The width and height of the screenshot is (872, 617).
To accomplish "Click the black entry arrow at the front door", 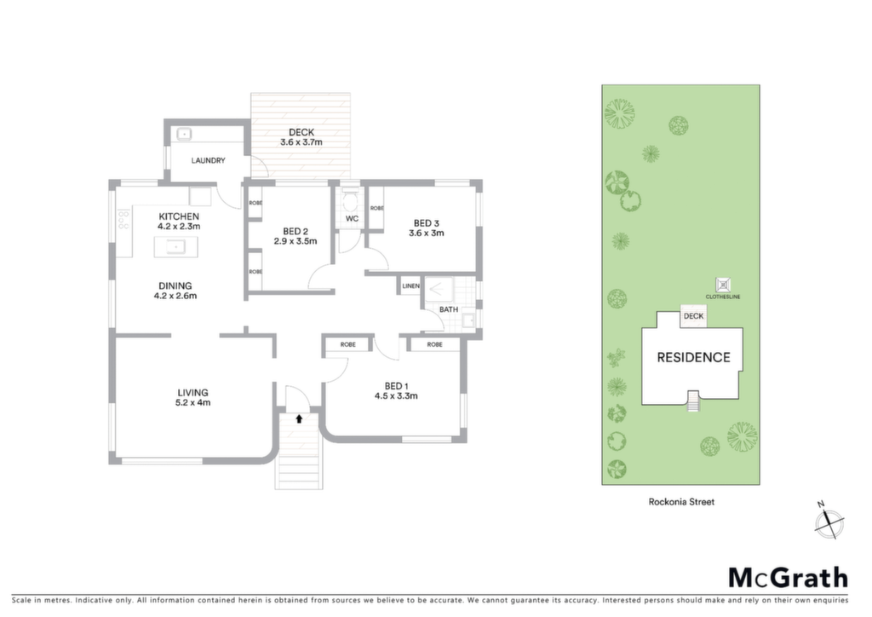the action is [x=299, y=418].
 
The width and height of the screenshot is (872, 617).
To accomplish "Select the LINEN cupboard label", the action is [x=411, y=286].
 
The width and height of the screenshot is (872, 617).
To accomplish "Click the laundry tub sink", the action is [x=184, y=134].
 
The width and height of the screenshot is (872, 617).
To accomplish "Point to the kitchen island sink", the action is [x=175, y=246].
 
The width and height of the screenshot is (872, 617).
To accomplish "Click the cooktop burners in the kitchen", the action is [x=123, y=219].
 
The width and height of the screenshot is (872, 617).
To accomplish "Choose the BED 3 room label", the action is [x=427, y=223].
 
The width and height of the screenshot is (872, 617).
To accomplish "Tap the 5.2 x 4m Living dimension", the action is [x=193, y=403].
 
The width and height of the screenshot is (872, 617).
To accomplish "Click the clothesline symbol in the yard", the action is [x=722, y=285].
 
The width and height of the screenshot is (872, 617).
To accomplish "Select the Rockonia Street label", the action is [x=681, y=502].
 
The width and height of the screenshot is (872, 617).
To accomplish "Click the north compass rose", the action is [x=829, y=522].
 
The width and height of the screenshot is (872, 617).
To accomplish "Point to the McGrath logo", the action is [x=789, y=579].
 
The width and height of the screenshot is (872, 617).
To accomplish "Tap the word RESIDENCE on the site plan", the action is [x=693, y=358].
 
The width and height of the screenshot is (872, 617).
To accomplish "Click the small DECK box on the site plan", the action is [x=693, y=316].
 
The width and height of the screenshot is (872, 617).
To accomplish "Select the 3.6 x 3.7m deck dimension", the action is [x=301, y=142].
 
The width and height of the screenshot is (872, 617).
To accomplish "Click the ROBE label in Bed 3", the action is [x=376, y=208].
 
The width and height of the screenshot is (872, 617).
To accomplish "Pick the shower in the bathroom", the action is [x=440, y=289].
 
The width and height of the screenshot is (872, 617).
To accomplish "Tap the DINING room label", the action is [x=175, y=286].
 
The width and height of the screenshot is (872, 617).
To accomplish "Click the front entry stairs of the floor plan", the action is [x=299, y=451].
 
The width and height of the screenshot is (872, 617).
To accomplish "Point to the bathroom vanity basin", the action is [x=468, y=320].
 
